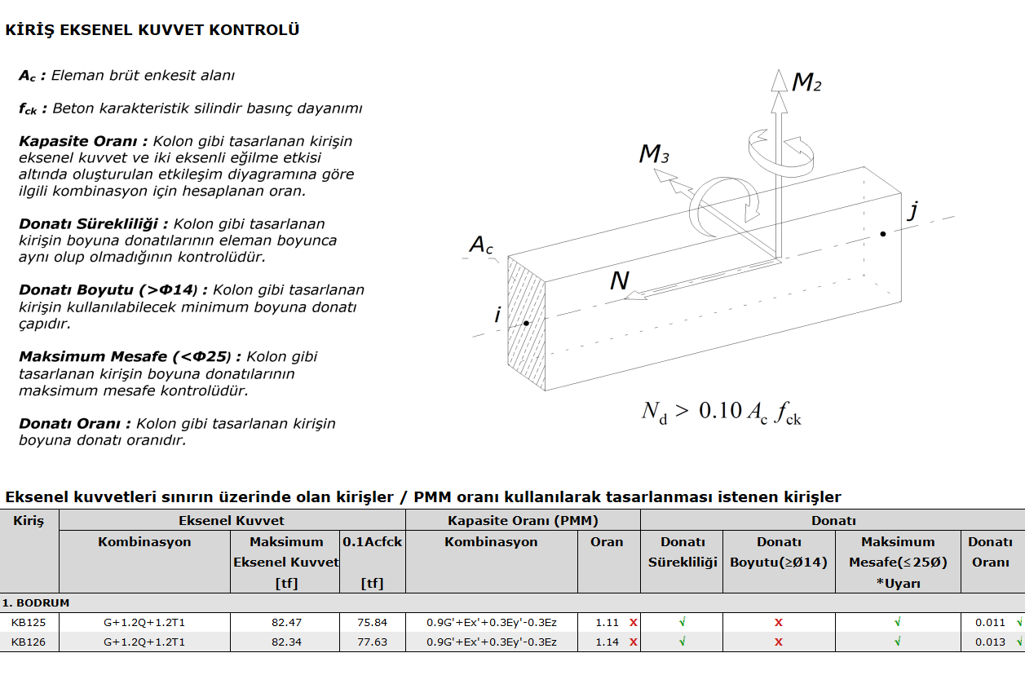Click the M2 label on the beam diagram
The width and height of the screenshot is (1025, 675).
806,83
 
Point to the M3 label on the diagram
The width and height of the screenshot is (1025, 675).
654,153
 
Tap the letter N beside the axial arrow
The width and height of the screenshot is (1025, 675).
620,280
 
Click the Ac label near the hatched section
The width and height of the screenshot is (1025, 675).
481,245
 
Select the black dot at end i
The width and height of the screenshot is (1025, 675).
526,324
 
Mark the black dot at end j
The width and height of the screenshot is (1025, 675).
883,234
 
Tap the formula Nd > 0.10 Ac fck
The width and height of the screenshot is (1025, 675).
721,412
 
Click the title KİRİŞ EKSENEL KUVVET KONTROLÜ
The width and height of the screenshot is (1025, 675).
152,30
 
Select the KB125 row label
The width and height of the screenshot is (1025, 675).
29,622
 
